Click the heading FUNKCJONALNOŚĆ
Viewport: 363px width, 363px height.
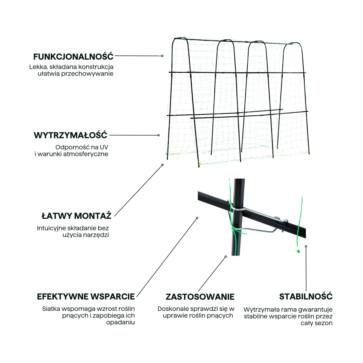pos(73,57)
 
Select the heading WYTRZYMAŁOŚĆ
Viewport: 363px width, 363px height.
pos(71,135)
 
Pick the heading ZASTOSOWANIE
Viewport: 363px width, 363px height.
pos(200,297)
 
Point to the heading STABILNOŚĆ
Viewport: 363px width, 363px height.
pos(306,297)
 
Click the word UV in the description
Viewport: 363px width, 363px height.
pos(104,147)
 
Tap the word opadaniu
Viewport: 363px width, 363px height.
pos(120,322)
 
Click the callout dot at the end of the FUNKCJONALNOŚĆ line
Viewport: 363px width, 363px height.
pos(162,56)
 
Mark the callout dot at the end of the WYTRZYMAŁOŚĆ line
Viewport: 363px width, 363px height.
pos(159,135)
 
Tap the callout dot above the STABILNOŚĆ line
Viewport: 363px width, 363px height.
pos(306,246)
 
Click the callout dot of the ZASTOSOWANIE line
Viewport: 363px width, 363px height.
pos(226,257)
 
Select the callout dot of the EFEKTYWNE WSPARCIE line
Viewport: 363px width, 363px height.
pos(197,218)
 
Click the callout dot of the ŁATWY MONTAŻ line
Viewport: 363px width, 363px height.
pos(163,165)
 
